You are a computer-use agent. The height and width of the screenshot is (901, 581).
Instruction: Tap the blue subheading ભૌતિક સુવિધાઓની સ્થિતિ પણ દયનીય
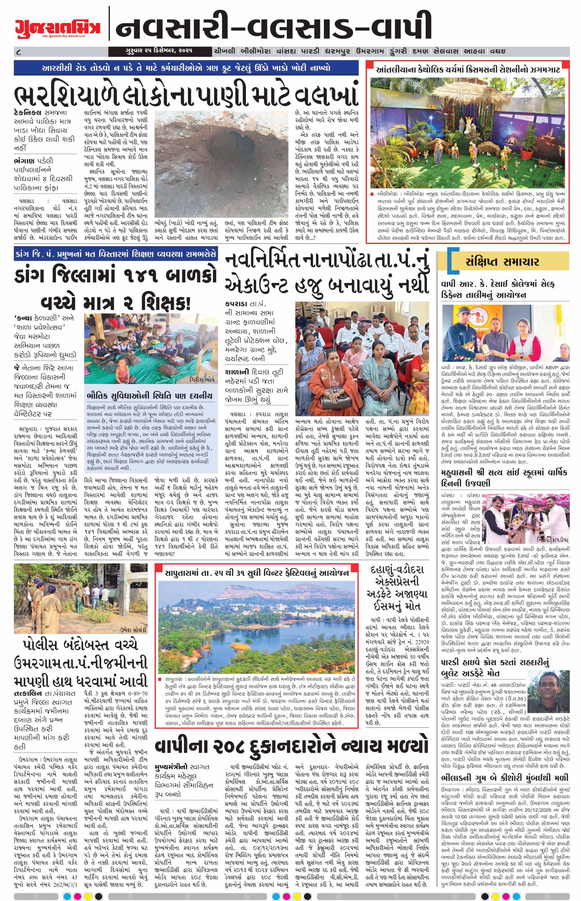coord(150,396)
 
